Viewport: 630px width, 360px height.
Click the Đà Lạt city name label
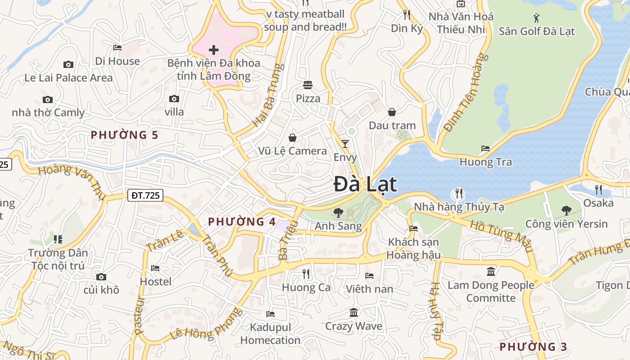(365, 184)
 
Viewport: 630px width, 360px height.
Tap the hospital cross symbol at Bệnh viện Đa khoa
(214, 49)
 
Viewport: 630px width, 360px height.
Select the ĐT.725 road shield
(145, 195)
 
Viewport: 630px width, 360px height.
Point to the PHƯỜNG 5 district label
(125, 135)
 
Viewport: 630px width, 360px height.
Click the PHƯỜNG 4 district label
(242, 221)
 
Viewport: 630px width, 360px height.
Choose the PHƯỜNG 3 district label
(533, 346)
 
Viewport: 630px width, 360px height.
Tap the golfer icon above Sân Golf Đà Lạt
(536, 18)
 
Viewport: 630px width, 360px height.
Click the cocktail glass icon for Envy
(345, 144)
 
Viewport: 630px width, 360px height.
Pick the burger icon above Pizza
(308, 85)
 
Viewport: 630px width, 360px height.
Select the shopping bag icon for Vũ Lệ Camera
(292, 137)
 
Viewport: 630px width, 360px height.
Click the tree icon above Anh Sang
(338, 212)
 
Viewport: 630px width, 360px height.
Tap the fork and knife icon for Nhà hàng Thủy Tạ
(459, 193)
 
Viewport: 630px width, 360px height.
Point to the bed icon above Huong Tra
(485, 148)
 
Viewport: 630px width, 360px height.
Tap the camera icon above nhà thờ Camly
(47, 99)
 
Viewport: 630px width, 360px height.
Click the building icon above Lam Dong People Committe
(491, 271)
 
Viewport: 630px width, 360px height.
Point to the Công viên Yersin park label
(566, 224)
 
